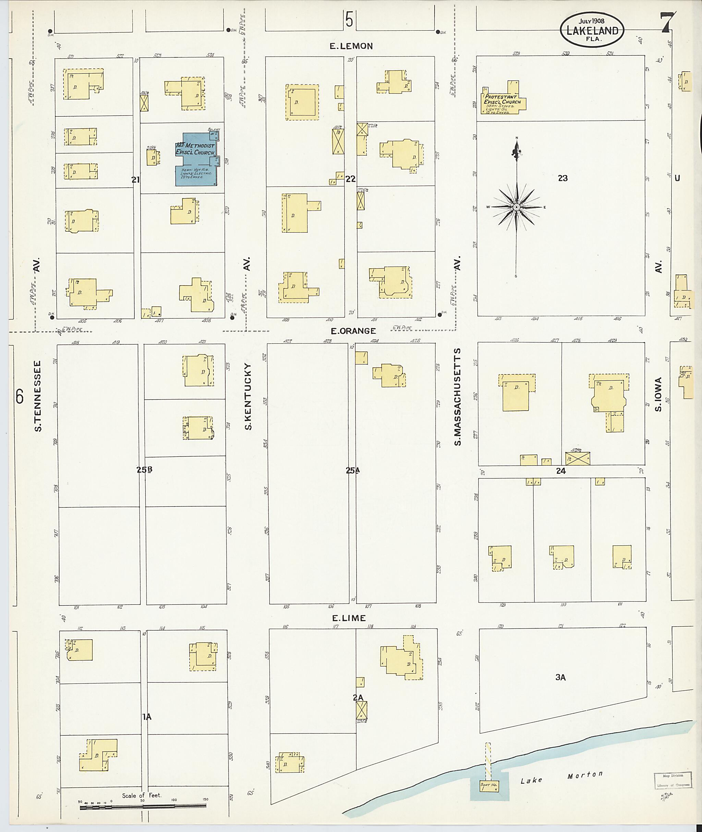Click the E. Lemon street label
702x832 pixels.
pyautogui.click(x=351, y=46)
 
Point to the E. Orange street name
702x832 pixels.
pyautogui.click(x=353, y=331)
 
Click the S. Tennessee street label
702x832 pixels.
pyautogui.click(x=37, y=396)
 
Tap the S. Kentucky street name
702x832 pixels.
pyautogui.click(x=247, y=397)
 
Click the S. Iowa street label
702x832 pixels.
pyautogui.click(x=658, y=394)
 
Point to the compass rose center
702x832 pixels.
pyautogui.click(x=516, y=207)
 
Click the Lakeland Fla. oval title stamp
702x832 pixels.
pyautogui.click(x=592, y=29)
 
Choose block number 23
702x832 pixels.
pyautogui.click(x=562, y=178)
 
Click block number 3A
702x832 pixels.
pyautogui.click(x=560, y=677)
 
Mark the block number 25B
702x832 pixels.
pyautogui.click(x=144, y=469)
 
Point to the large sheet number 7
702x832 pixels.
pyautogui.click(x=667, y=23)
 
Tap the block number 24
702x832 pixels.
pyautogui.click(x=561, y=471)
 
